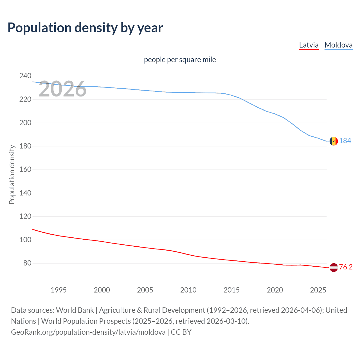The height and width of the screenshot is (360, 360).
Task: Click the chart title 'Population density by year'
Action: coord(85,28)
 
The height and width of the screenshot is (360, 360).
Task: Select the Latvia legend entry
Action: coord(309,45)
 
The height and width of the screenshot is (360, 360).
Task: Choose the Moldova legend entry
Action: coord(338,45)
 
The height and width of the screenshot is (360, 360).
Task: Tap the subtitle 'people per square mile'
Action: coord(180,60)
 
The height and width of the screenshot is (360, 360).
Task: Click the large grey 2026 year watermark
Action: coord(62,89)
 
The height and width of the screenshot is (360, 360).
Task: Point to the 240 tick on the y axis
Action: coord(25,76)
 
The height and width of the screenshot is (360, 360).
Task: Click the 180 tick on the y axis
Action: coord(25,146)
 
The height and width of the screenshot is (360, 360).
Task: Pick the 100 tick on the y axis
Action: coord(25,240)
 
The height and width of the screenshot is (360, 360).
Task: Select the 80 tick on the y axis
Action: coord(27,263)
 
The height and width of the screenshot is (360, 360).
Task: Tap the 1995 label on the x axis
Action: coord(58,290)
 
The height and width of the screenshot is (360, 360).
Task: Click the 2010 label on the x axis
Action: coord(188,290)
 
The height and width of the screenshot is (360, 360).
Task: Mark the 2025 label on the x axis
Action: coord(318,290)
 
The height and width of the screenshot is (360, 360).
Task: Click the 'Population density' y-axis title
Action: coord(12,174)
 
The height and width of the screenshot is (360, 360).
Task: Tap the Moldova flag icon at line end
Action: coord(334,141)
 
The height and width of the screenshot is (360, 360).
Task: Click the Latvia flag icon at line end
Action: coord(334,267)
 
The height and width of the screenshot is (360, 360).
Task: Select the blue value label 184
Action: coord(345,141)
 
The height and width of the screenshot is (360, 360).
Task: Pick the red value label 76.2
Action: coord(346,267)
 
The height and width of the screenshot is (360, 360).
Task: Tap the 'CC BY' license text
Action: coord(181,332)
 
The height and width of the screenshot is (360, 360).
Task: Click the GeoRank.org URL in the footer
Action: coord(88,332)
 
